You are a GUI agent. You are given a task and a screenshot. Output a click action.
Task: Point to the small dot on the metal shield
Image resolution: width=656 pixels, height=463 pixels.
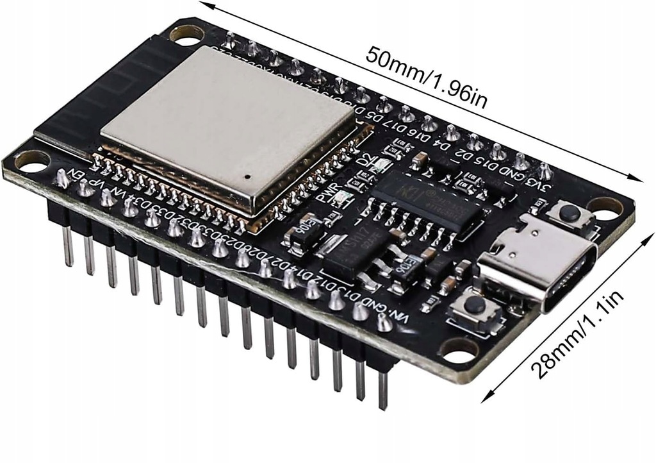tap(247, 174)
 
